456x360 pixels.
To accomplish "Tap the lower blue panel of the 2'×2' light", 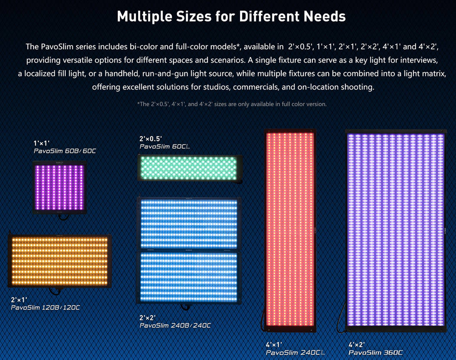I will coord(189,276).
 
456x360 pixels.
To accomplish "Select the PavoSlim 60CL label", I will coord(165,147).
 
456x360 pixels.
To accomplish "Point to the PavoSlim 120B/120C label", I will coord(45,307).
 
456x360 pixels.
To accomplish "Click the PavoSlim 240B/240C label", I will coord(175,326).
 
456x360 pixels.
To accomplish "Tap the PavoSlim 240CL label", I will coord(296,353).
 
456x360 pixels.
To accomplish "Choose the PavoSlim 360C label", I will coord(376,353).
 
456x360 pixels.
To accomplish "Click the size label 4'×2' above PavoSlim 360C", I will coord(357,344).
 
